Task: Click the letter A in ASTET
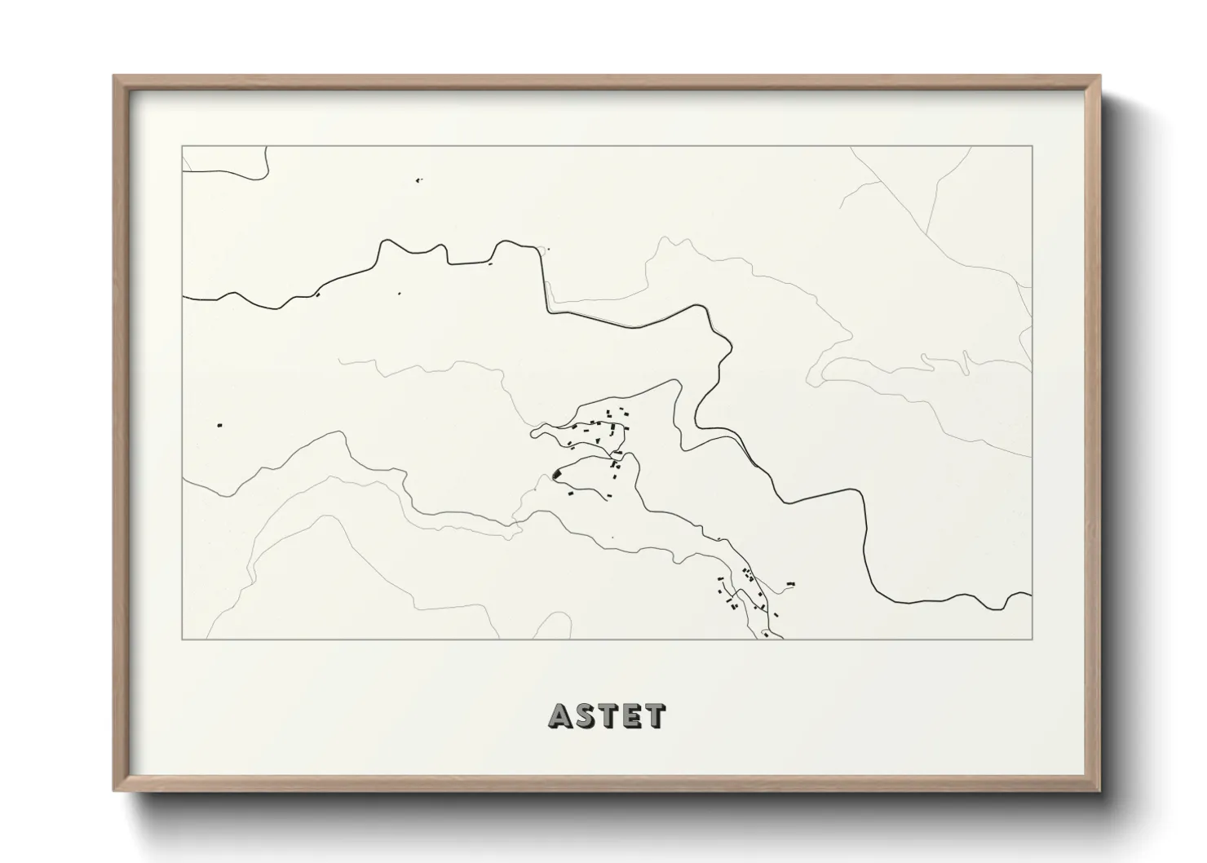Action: [562, 716]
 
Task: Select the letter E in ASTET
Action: [631, 716]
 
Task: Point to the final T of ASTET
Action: [655, 716]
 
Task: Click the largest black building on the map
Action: [558, 473]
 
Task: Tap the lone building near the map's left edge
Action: [219, 425]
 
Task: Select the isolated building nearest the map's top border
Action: [418, 179]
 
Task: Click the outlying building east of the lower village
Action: [789, 583]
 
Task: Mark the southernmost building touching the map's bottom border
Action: [766, 634]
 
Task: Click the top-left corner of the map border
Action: [182, 146]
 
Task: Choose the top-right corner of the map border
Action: [1032, 146]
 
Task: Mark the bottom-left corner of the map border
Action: [182, 639]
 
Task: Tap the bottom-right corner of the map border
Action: [1032, 639]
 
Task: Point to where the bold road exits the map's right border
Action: [1032, 595]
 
